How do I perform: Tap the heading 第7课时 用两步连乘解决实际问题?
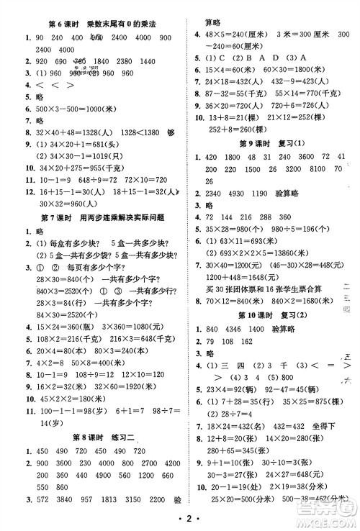coord(94,217)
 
